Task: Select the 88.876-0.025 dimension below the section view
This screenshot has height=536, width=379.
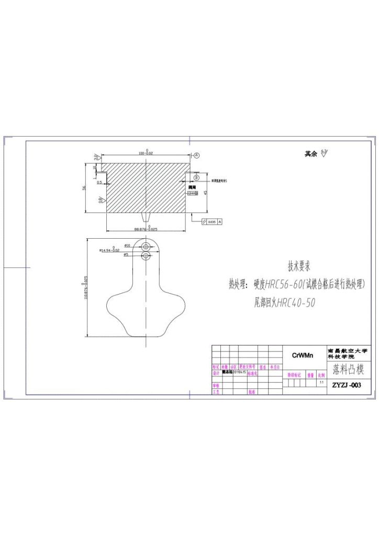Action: pos(146,229)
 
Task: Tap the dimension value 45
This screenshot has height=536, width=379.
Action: pos(206,192)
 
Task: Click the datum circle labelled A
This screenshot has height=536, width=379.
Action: pos(197,155)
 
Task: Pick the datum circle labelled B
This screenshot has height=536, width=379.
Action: pos(197,178)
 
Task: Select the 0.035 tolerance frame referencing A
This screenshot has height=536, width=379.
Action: pos(212,222)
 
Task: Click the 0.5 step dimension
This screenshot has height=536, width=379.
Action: pos(99,183)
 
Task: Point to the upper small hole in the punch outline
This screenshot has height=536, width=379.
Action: pos(146,245)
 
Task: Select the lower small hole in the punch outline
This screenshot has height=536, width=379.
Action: pos(146,255)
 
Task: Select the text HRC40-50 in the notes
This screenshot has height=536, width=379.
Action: pos(296,303)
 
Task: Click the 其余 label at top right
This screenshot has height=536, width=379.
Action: pos(311,154)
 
